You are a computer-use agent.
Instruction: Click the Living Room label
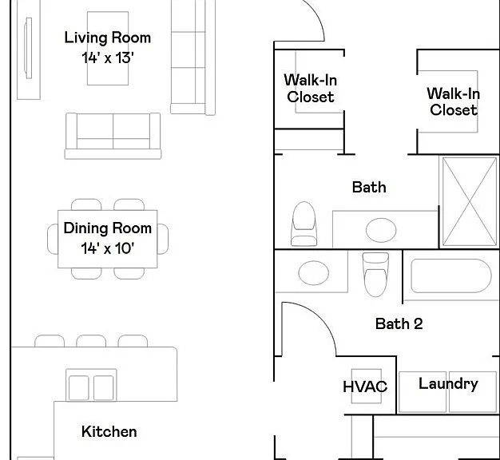click(108, 38)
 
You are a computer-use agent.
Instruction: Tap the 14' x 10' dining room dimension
click(108, 248)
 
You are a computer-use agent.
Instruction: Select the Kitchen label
click(109, 431)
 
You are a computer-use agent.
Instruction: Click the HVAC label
click(365, 387)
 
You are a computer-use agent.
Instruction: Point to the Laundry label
click(448, 384)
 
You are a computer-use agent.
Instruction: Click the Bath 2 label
click(399, 324)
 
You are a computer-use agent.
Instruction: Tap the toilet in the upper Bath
click(304, 224)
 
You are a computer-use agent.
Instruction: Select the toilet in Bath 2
click(375, 275)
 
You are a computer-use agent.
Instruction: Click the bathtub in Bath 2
click(451, 276)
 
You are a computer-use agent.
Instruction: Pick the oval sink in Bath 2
click(314, 273)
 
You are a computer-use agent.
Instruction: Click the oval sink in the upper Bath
click(381, 230)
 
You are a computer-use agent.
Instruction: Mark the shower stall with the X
click(470, 202)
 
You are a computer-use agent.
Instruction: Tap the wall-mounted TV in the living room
click(28, 48)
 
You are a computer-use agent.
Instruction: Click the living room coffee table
click(108, 49)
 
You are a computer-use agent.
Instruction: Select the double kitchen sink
click(91, 385)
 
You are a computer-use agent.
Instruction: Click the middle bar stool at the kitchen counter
click(91, 341)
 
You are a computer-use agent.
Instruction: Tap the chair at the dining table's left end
click(53, 239)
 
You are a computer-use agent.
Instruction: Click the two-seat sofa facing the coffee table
click(113, 136)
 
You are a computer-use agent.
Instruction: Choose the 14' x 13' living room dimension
click(108, 58)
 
